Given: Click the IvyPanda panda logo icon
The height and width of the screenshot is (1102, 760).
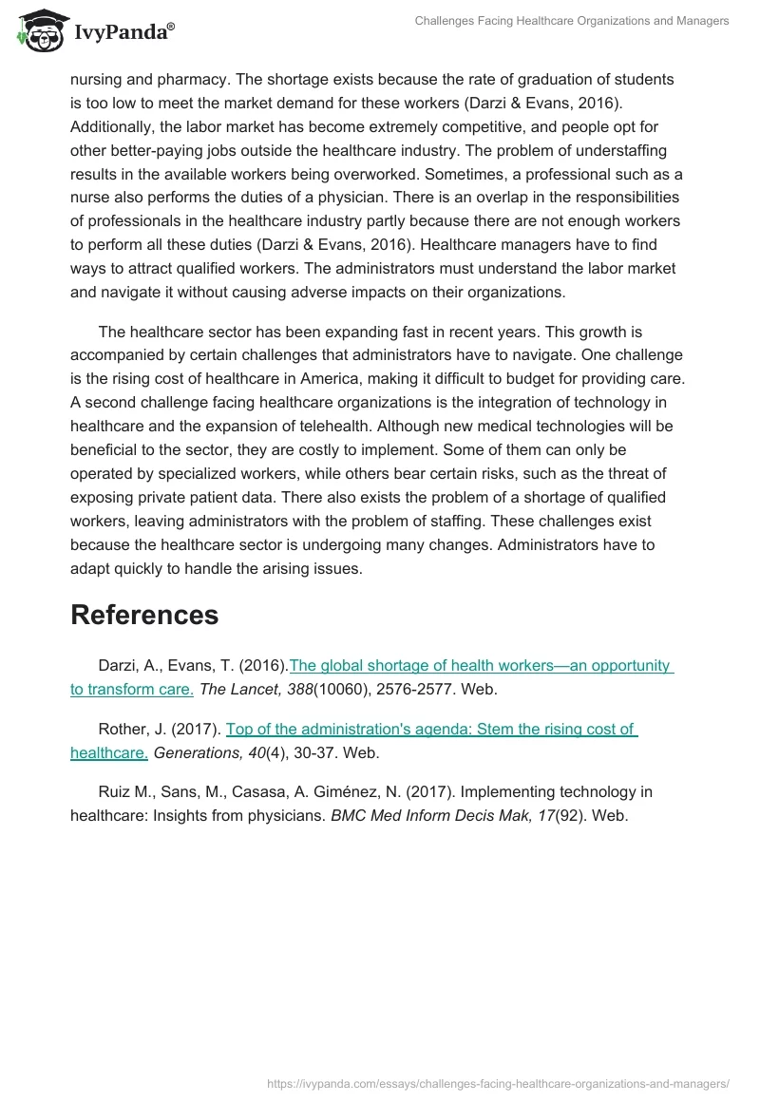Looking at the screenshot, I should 38,30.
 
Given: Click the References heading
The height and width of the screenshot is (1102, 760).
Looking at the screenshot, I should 144,615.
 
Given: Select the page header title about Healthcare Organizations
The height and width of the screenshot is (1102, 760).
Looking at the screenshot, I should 572,21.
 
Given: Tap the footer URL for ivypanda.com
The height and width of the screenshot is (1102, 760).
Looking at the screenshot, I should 498,1082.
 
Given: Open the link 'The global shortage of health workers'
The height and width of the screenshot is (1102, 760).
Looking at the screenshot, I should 481,665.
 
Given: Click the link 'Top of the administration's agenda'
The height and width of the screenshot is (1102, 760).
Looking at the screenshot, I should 430,729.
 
